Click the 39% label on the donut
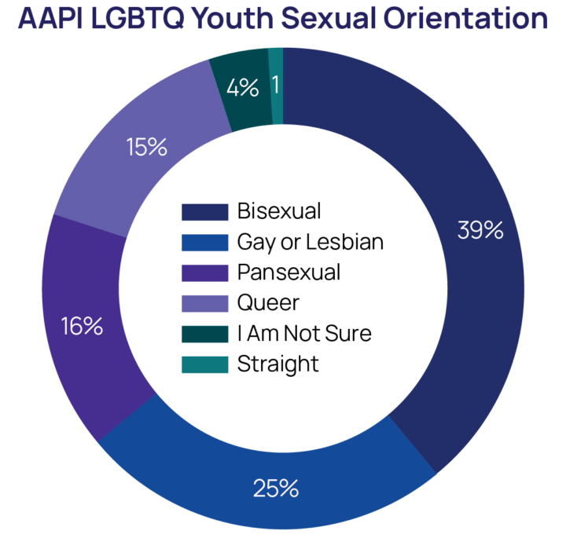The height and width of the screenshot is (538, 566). click(480, 230)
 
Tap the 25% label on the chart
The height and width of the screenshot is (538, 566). click(275, 488)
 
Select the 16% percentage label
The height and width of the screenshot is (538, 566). click(81, 325)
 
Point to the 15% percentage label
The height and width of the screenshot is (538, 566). click(145, 147)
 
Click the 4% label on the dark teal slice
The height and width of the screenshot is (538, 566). click(242, 87)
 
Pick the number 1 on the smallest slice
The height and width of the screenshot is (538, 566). click(276, 85)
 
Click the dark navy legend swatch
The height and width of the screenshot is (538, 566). click(205, 212)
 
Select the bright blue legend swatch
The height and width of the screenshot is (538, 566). click(205, 243)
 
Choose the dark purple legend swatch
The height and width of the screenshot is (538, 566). click(205, 273)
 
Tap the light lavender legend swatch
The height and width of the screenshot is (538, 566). click(205, 303)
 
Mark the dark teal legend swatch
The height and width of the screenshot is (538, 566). click(205, 334)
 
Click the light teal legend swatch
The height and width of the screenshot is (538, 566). click(205, 364)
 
